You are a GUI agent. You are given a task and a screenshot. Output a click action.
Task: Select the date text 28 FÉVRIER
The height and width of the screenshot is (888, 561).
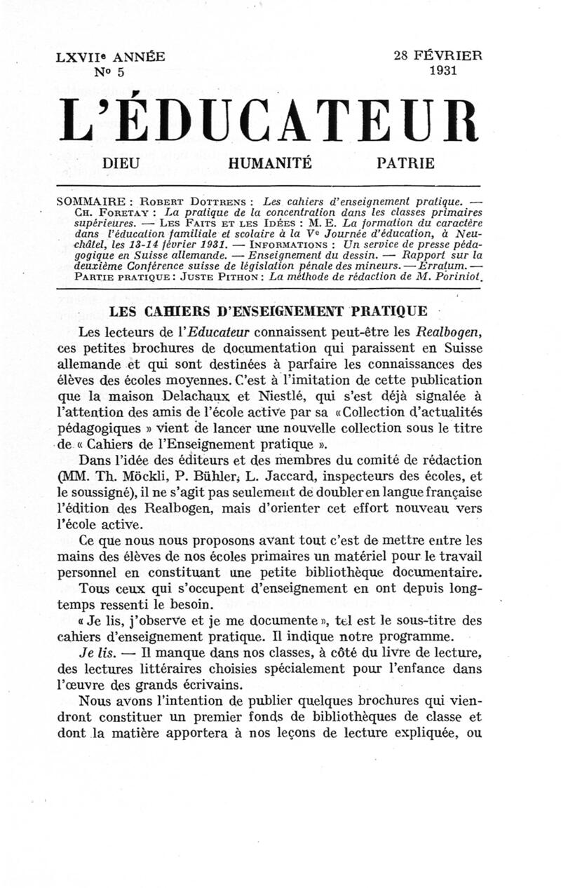[x=438, y=57]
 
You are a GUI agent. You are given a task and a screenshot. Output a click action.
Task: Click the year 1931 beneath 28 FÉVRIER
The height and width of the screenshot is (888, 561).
[x=444, y=70]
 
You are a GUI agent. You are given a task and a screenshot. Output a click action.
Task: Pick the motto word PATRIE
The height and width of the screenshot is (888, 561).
[x=405, y=164]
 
